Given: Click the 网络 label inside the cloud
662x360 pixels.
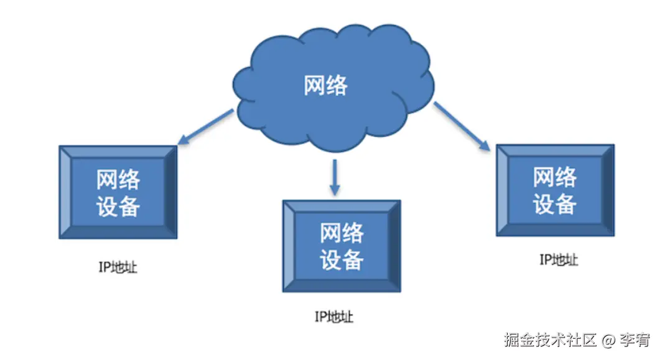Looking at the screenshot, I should tap(325, 85).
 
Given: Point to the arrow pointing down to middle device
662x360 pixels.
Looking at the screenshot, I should tap(335, 177).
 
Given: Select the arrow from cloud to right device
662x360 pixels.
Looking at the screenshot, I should tap(461, 126).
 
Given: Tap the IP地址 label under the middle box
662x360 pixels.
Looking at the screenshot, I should tap(333, 317).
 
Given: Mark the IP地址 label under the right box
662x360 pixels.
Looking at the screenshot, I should tap(558, 260).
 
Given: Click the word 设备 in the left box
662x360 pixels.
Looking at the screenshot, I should tap(118, 205).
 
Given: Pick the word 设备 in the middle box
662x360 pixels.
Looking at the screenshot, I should tap(342, 259).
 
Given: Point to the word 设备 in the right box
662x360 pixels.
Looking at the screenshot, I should tap(554, 203).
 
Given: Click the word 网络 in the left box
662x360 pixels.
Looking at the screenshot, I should tap(118, 180).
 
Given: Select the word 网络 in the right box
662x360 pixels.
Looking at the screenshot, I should tap(554, 177).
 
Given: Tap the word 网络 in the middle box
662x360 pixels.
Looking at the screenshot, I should tap(342, 233).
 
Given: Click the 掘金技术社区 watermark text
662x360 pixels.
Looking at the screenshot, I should tap(550, 339).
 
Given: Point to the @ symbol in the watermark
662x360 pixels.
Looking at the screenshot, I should tap(608, 340).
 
